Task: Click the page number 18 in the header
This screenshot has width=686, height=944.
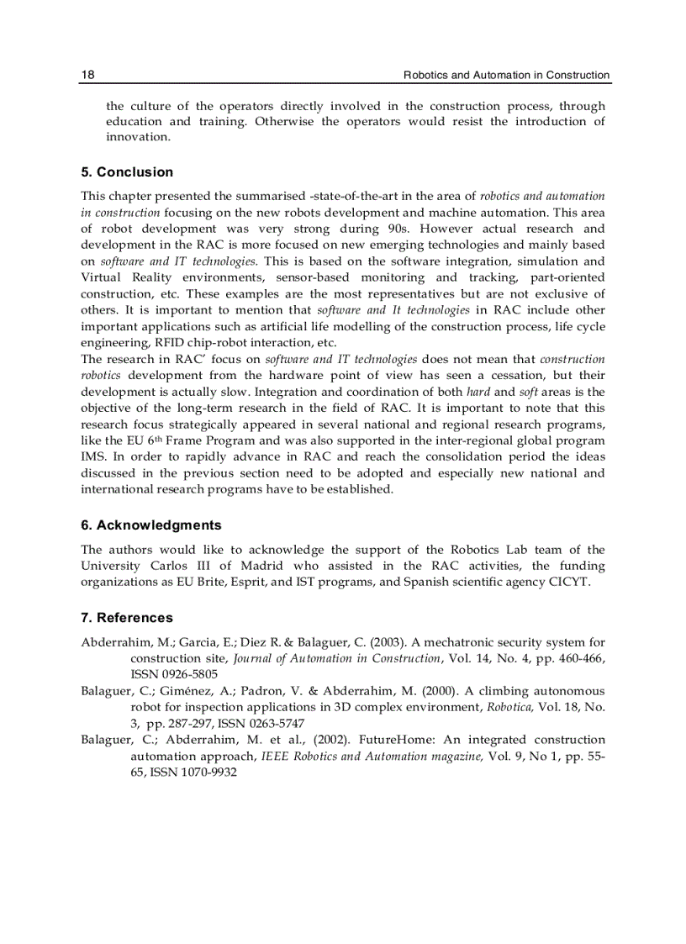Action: click(87, 75)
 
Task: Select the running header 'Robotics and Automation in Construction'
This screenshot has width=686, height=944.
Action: click(506, 75)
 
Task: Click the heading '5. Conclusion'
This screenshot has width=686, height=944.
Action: click(127, 172)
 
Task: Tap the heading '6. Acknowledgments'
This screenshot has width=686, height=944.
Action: click(151, 525)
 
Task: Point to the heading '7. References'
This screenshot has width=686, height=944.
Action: click(127, 618)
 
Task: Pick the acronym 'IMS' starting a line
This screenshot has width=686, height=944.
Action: click(92, 457)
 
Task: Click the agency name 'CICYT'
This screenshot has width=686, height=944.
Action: click(570, 582)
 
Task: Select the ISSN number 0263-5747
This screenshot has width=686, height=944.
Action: click(277, 723)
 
